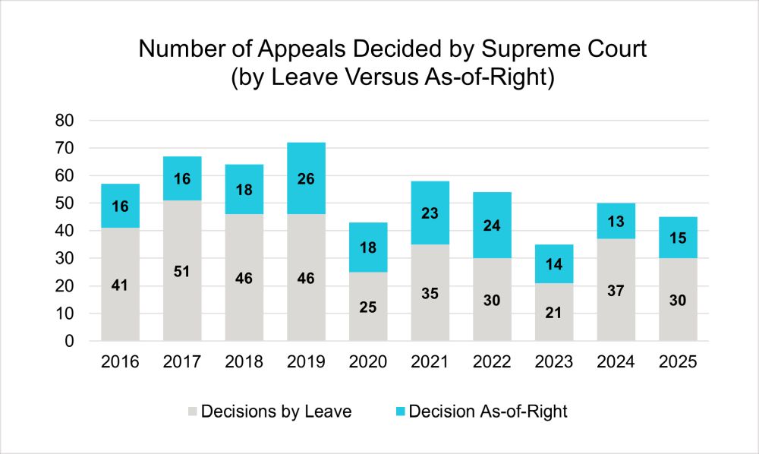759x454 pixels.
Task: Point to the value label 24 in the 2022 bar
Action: coord(492,225)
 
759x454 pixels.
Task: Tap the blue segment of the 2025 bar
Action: coord(678,238)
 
